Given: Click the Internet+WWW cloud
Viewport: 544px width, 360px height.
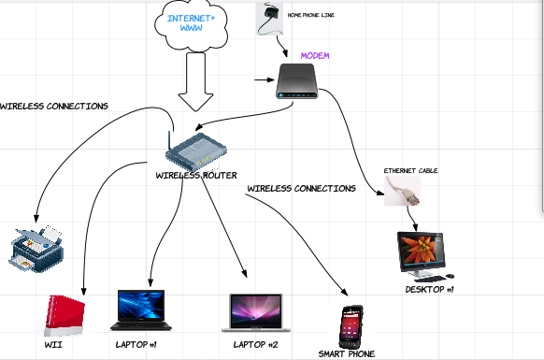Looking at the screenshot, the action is click(x=192, y=25).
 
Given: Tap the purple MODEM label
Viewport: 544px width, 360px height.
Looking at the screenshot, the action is click(x=315, y=55).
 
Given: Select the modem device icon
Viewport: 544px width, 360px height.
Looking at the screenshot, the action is click(x=297, y=81).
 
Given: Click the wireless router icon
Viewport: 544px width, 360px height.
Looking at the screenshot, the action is click(x=196, y=151).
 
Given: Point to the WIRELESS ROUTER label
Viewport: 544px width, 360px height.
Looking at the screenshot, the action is click(x=196, y=175).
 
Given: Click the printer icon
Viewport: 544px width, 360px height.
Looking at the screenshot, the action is click(x=36, y=249).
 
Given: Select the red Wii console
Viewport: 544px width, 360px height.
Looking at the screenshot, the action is click(x=64, y=316).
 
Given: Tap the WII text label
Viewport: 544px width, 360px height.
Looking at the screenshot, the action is click(x=53, y=345).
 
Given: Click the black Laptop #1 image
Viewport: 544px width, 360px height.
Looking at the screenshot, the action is click(x=141, y=310).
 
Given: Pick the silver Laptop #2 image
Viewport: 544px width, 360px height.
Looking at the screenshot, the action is click(x=256, y=313).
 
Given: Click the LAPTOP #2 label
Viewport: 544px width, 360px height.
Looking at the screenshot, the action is click(x=256, y=345).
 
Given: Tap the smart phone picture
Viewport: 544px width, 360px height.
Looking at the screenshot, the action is click(x=351, y=327).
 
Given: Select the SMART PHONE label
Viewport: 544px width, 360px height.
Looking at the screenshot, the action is click(x=347, y=354).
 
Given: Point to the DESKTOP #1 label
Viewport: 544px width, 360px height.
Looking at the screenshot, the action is click(x=430, y=290).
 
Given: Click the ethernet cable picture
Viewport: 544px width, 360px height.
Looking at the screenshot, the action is click(x=403, y=191).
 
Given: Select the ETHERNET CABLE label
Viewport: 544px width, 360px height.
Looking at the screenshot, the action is click(x=410, y=171).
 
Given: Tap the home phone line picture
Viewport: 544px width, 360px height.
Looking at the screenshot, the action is click(x=269, y=19).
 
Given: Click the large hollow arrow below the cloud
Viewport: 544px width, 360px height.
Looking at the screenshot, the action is click(x=195, y=82).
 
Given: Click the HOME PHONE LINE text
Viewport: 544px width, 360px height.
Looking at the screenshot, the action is click(x=311, y=15).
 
